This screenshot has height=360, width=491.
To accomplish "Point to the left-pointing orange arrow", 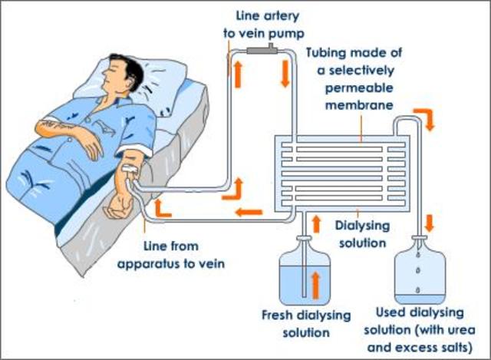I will [x=249, y=212].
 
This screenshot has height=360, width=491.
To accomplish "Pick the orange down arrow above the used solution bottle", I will [x=429, y=224].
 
